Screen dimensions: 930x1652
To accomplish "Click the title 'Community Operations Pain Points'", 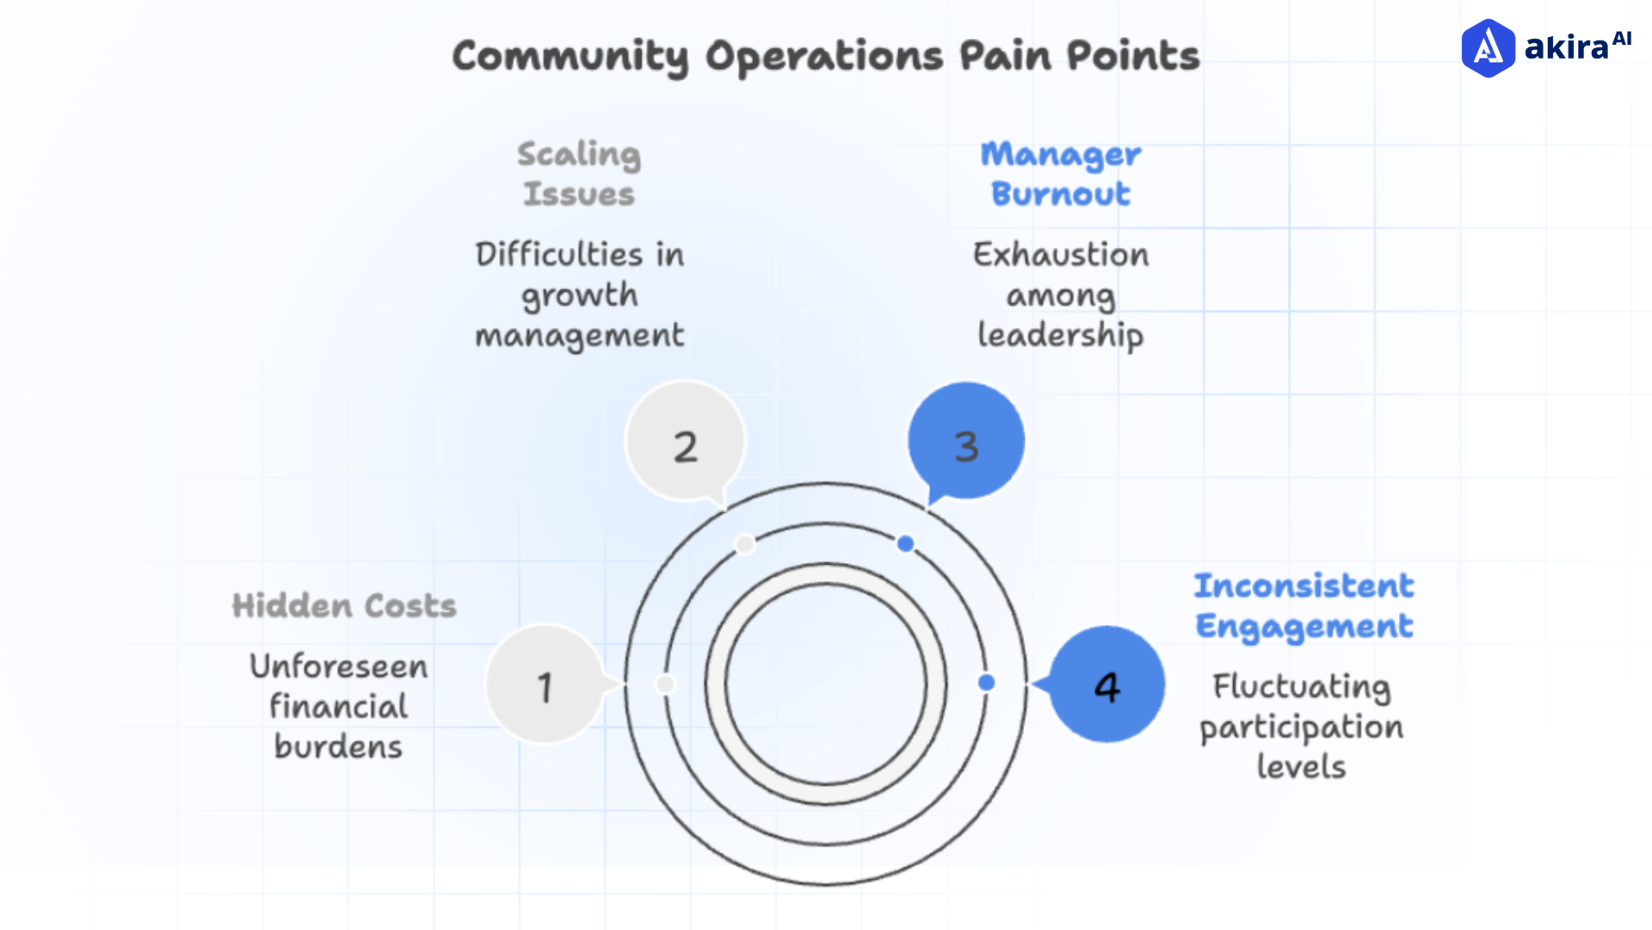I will (826, 57).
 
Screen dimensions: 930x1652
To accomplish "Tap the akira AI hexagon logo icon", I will (1488, 48).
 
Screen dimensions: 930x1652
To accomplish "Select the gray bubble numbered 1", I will (545, 685).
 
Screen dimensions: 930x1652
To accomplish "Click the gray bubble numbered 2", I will (685, 441).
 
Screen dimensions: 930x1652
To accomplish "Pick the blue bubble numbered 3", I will (966, 441).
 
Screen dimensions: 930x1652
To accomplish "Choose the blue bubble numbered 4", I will (1107, 685).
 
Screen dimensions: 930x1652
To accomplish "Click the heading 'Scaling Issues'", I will (579, 174).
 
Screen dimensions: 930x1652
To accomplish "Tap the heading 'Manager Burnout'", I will (1060, 174).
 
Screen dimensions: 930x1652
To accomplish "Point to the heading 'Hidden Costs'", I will (344, 606).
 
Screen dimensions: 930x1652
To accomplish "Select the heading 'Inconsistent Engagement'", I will (1304, 606).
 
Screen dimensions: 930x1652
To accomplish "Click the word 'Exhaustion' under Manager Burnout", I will (1061, 255).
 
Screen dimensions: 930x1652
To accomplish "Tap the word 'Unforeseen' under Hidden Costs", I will (339, 666).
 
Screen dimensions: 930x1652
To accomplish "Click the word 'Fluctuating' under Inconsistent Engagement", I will (1302, 686).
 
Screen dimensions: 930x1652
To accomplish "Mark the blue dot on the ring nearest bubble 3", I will (905, 543).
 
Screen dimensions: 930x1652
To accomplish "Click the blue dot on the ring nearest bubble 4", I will (986, 683).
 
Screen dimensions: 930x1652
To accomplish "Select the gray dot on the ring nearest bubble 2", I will (745, 544).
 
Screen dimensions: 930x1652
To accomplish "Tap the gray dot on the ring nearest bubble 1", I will (665, 684).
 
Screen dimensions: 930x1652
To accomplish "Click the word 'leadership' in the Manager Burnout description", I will (1060, 335).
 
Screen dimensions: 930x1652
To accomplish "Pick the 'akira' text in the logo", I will (1566, 47).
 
